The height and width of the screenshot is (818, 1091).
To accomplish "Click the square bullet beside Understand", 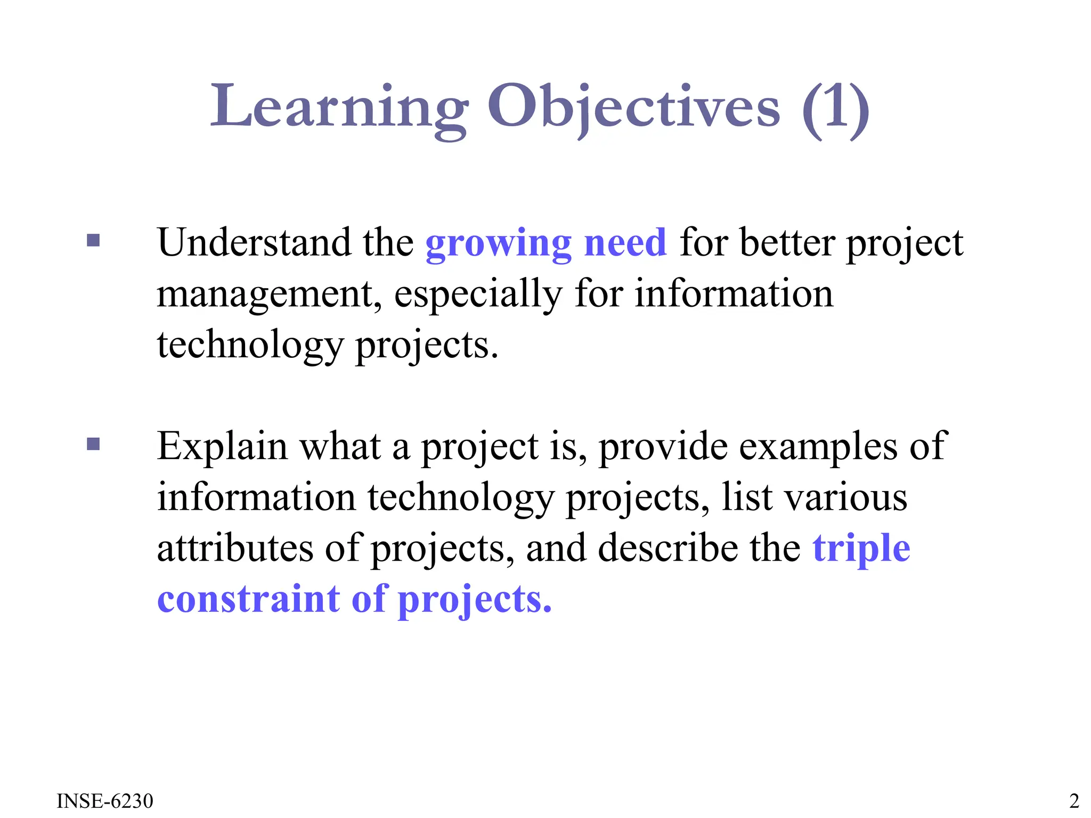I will coord(93,241).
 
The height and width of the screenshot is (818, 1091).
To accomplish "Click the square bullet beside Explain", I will coord(93,444).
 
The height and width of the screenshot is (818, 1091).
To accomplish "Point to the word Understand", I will coord(254,242).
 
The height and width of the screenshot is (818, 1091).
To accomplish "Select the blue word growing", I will coord(498,244).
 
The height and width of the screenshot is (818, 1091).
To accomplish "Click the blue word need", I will coord(625,242).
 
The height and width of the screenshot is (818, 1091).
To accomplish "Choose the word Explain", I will coord(222,446).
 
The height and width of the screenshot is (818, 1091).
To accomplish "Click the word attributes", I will coord(235,548).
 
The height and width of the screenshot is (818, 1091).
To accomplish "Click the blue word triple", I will coord(861,549).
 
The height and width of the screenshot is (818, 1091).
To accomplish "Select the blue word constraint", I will coord(248,599).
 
